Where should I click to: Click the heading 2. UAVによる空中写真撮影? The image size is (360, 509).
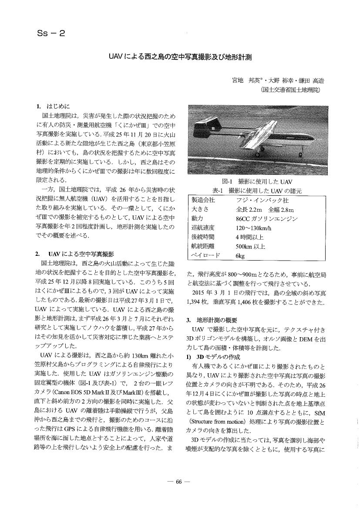(74, 254)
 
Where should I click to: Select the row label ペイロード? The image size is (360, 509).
(205, 256)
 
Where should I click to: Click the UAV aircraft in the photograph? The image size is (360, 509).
(261, 139)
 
